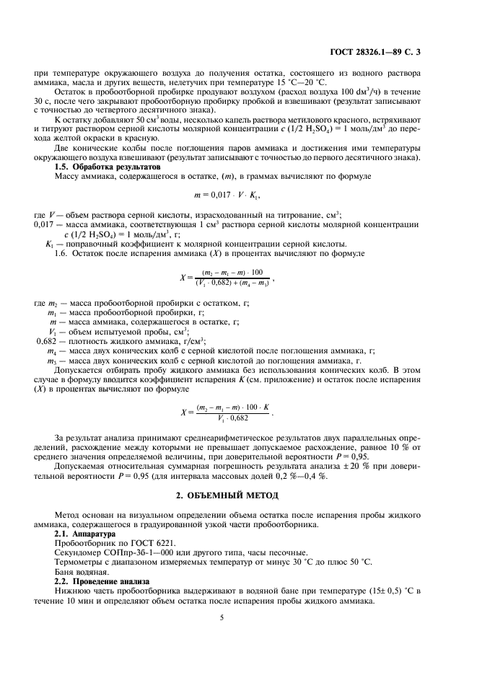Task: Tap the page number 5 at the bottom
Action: click(238, 617)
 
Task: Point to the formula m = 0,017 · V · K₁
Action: click(238, 195)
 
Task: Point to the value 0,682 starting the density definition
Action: click(49, 340)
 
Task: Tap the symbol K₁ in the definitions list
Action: click(50, 243)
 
